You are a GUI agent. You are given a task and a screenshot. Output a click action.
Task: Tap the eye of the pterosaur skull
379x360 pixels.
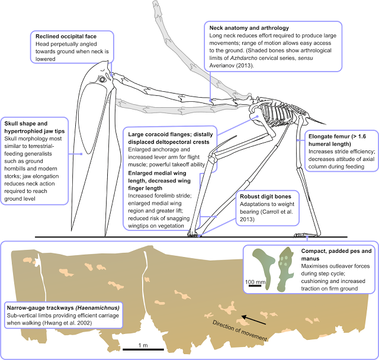point(103,79)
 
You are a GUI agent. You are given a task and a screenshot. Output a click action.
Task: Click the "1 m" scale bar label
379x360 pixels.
point(143,344)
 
